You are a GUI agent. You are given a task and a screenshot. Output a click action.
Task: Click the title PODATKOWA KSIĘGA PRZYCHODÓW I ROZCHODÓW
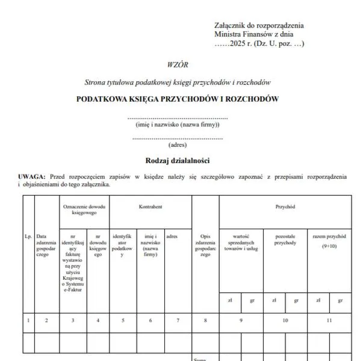tap(177, 99)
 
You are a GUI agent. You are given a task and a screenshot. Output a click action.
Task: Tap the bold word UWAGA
tap(32, 176)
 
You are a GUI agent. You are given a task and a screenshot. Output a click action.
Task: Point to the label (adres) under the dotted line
tap(178, 144)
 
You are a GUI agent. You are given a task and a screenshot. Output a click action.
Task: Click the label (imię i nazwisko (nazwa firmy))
tap(178, 125)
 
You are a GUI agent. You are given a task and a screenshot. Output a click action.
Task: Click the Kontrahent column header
tap(151, 207)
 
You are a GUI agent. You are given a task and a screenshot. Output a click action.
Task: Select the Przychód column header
tap(285, 207)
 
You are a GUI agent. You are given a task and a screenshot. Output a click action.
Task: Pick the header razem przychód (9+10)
tap(329, 241)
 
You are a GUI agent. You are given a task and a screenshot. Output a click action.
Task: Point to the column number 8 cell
tap(205, 321)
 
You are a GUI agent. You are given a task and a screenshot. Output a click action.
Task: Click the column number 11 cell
tap(329, 321)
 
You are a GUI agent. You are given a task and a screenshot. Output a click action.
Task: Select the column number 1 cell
tap(28, 321)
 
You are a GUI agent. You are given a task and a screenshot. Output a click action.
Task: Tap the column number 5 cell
tap(123, 321)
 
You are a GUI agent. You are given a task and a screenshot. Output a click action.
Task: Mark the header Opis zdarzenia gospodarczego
tap(205, 246)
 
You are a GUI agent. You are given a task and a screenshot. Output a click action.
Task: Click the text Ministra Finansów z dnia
tap(254, 34)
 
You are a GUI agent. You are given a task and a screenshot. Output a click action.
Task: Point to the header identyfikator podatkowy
tap(123, 246)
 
